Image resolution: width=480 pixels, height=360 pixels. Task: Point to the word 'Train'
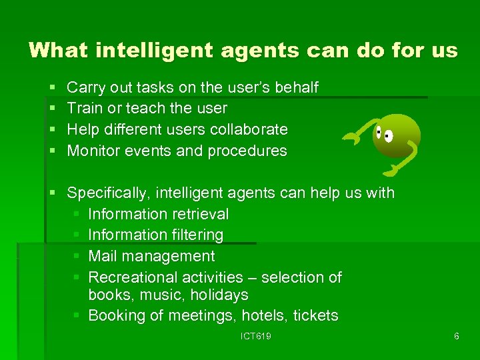click(x=83, y=108)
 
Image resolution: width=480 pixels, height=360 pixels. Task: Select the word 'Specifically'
click(x=109, y=193)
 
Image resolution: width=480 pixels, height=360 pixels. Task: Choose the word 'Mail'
click(x=101, y=256)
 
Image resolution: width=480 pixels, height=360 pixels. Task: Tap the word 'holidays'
click(x=218, y=295)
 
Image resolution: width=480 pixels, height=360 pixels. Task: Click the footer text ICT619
click(x=256, y=337)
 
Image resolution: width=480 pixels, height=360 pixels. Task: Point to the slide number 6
click(x=456, y=337)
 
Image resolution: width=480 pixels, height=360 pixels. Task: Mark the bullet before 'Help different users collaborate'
click(x=53, y=129)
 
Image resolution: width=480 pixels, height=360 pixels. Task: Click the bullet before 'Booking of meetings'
click(x=77, y=315)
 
